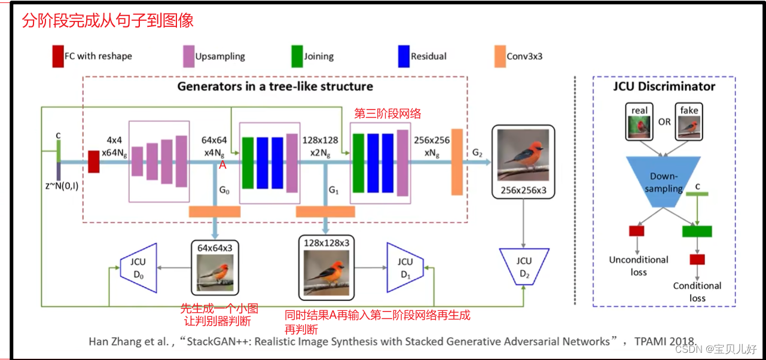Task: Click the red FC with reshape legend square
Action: pos(57,56)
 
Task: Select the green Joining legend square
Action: pos(297,56)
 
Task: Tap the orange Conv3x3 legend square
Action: pos(500,56)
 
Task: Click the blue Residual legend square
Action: pos(402,56)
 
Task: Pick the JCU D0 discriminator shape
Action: pos(138,267)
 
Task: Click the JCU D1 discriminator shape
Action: pos(405,267)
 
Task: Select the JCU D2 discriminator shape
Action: pos(524,267)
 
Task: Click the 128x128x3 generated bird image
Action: pos(326,273)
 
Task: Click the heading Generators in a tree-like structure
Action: pos(274,86)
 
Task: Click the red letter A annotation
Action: pos(222,166)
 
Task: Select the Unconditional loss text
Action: pos(639,266)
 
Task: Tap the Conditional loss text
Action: pos(697,291)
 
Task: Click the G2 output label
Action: pos(477,153)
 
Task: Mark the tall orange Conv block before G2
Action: pos(457,161)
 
